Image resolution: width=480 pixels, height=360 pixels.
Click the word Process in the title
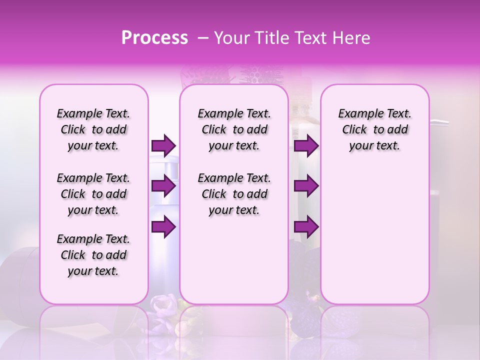click(154, 38)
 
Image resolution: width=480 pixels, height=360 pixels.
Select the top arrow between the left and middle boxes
click(163, 146)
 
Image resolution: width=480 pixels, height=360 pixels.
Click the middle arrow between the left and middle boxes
click(163, 186)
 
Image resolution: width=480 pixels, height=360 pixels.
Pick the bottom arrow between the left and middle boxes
click(163, 227)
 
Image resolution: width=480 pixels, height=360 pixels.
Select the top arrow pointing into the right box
click(306, 146)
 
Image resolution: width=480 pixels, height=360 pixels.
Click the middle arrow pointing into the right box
click(306, 186)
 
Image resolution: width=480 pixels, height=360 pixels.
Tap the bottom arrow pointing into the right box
click(306, 227)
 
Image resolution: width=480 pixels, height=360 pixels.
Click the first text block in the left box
click(93, 129)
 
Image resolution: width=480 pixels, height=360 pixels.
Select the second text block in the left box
click(93, 194)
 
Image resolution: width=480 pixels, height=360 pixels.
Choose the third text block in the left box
click(93, 255)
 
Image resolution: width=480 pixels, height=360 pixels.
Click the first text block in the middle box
click(234, 129)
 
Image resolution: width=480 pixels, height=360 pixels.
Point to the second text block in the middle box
click(234, 194)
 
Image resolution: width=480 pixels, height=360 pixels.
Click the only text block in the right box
click(374, 129)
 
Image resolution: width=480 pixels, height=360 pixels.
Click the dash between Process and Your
click(202, 38)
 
